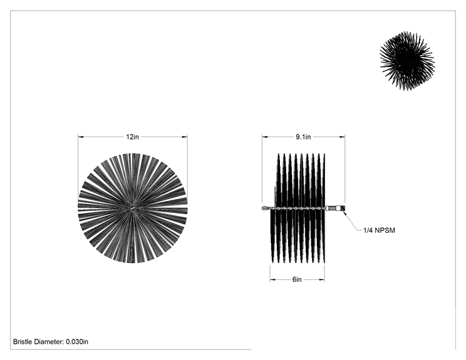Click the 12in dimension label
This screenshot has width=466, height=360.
tap(133, 137)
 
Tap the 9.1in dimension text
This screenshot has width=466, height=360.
tap(303, 137)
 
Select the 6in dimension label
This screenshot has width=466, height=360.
tap(297, 279)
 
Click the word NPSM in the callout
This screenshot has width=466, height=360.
tap(385, 230)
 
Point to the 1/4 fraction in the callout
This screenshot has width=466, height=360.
tap(368, 230)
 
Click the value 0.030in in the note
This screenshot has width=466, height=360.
tap(77, 342)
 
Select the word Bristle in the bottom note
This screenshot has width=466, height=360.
tap(23, 342)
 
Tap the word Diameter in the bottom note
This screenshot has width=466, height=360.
tap(49, 342)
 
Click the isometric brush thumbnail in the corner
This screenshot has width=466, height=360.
tap(407, 61)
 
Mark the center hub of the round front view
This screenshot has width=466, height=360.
tap(133, 208)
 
